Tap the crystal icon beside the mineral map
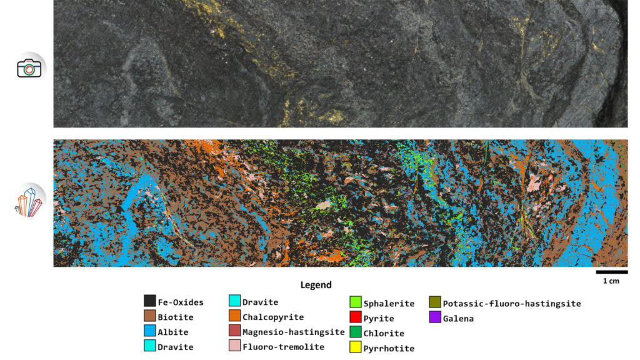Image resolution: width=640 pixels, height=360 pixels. [x=29, y=200]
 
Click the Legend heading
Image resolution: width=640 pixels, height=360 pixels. [x=316, y=285]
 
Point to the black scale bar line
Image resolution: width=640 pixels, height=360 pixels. [x=611, y=272]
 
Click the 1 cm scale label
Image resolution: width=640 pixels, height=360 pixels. [x=611, y=281]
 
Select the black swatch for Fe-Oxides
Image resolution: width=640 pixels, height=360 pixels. [x=149, y=302]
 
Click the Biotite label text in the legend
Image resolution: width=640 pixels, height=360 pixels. [x=176, y=317]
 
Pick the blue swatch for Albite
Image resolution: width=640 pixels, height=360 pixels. [x=149, y=332]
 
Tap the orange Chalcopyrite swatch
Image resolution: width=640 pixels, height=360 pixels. [x=234, y=317]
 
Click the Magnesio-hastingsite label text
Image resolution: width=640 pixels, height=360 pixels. [x=294, y=332]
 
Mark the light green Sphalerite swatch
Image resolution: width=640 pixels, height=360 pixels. [x=356, y=303]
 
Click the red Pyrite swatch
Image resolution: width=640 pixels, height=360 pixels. [x=356, y=318]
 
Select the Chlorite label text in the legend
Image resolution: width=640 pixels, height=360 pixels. [x=384, y=334]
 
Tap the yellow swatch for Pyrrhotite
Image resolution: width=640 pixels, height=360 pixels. [x=356, y=348]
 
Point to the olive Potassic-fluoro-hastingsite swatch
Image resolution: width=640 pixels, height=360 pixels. [x=435, y=303]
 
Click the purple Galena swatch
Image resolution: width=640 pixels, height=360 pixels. [x=435, y=318]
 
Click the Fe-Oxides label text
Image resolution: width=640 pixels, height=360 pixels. [x=181, y=302]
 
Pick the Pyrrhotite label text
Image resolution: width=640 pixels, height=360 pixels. [x=389, y=349]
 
